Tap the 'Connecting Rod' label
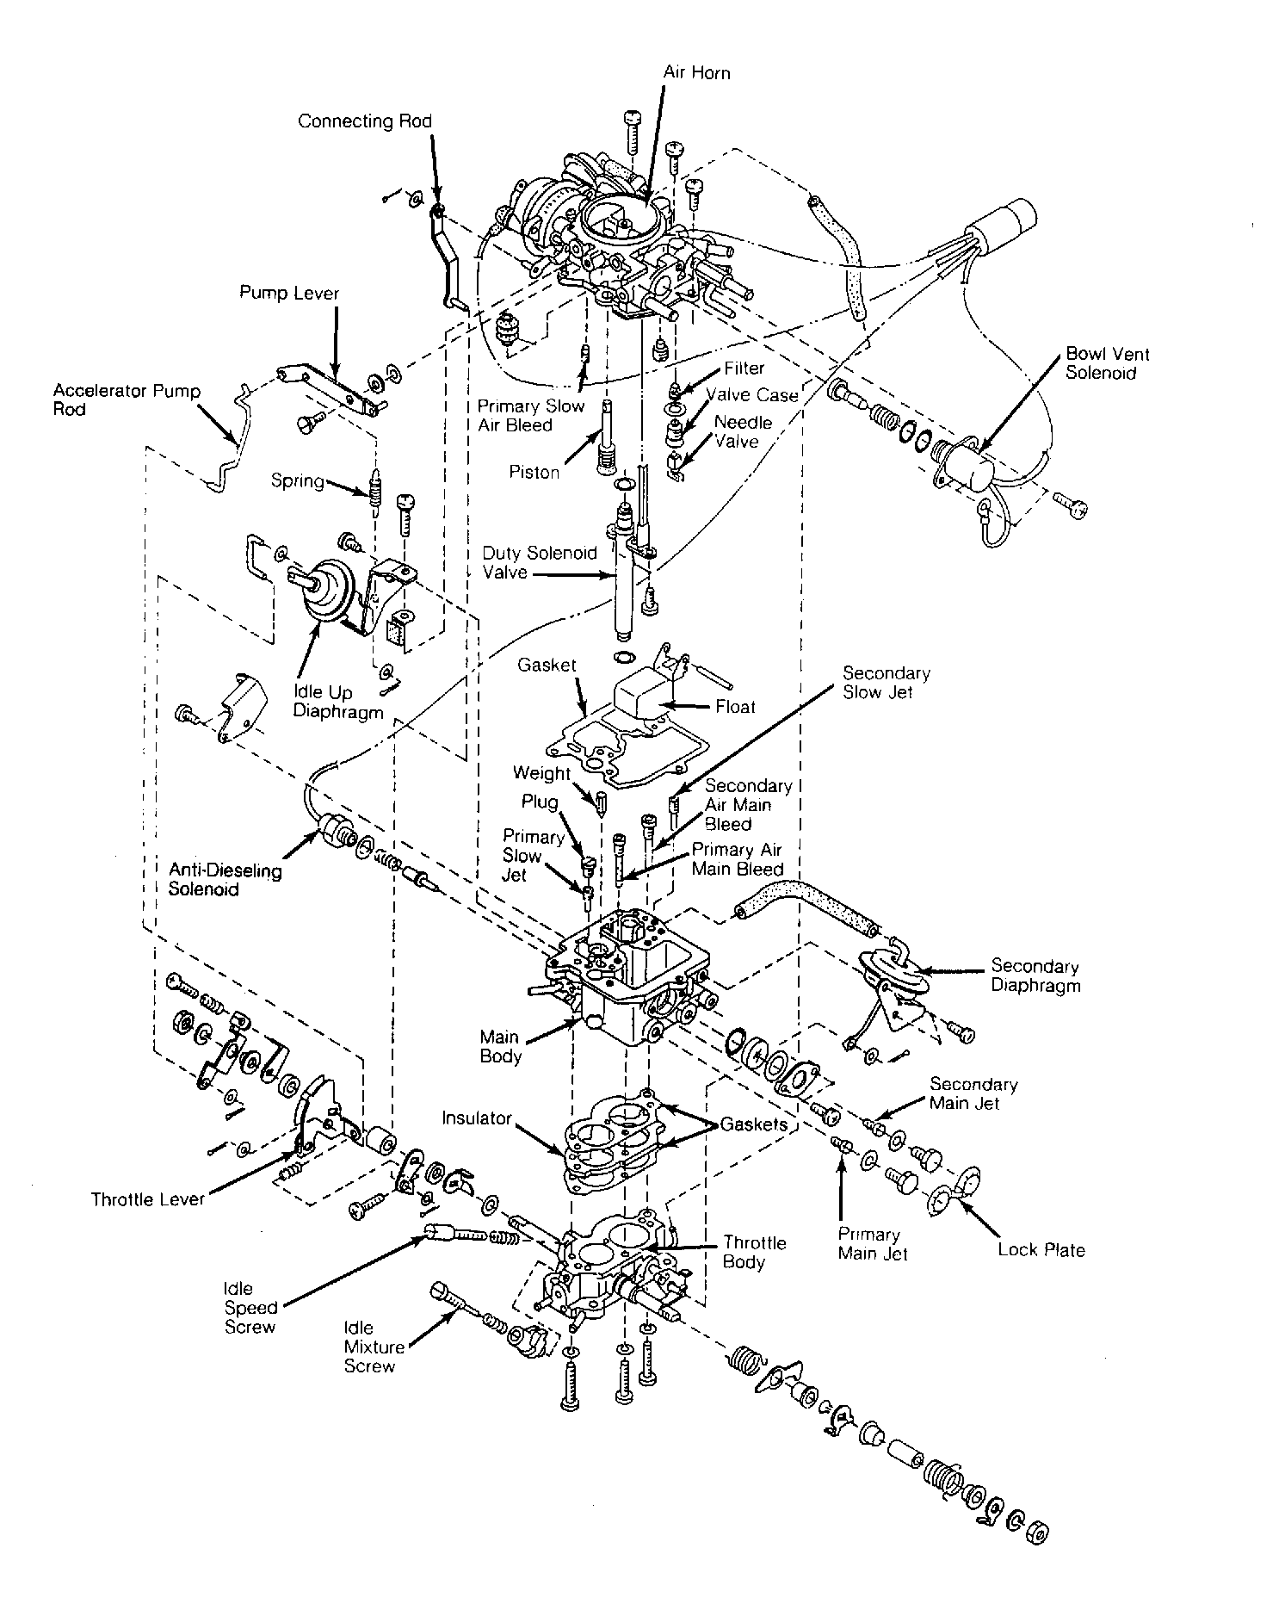364,121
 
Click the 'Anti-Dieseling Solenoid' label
225,879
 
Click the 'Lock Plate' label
1041,1249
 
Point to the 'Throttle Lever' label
147,1199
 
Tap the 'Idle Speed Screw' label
250,1307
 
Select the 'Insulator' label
477,1118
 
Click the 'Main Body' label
500,1046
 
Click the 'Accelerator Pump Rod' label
126,399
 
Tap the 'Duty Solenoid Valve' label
539,562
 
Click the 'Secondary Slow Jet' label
886,682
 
